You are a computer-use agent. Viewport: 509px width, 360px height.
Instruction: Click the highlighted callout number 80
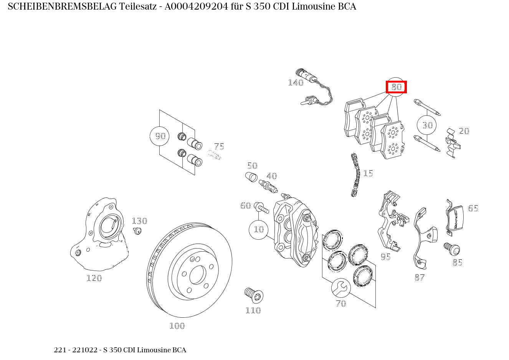click(x=396, y=87)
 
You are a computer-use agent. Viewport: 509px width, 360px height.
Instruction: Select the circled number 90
click(x=160, y=136)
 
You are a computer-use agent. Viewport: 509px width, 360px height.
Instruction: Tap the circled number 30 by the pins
click(x=427, y=125)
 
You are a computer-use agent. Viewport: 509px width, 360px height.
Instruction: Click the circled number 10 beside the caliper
click(x=259, y=229)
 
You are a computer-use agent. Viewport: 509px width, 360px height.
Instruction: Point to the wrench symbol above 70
click(x=341, y=288)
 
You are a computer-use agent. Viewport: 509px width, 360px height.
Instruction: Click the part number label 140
click(x=296, y=83)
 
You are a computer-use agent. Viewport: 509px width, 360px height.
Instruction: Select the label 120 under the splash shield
click(x=94, y=278)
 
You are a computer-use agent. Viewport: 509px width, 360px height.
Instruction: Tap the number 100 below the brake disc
click(x=177, y=326)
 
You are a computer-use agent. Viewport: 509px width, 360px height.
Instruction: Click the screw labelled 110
click(x=254, y=295)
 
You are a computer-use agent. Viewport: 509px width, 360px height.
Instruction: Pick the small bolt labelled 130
click(x=137, y=231)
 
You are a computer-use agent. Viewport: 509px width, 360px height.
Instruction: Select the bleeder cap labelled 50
click(x=251, y=178)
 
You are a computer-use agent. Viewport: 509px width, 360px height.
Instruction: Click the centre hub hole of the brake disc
click(x=198, y=275)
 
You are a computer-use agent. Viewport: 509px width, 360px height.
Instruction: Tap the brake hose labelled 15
click(x=355, y=175)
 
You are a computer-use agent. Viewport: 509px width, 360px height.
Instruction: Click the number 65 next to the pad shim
click(x=473, y=208)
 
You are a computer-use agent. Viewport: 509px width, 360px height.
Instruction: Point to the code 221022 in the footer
click(x=88, y=350)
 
